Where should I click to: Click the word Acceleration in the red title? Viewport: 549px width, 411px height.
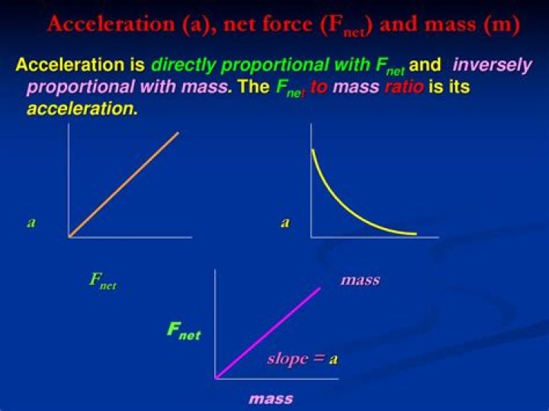pos(111,24)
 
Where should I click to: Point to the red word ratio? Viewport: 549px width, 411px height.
pos(404,86)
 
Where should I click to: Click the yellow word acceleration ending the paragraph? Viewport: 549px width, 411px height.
pos(82,109)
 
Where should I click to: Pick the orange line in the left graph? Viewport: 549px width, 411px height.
pos(124,185)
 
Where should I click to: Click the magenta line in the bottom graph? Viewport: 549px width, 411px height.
pos(268,333)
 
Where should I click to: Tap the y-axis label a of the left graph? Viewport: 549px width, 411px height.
pos(31,223)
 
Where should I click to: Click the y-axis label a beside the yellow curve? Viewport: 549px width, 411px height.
pos(285,223)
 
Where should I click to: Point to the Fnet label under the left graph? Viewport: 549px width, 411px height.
pos(103,281)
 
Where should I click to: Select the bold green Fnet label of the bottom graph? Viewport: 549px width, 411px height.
pos(184,331)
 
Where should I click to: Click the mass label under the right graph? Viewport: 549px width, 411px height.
pos(360,280)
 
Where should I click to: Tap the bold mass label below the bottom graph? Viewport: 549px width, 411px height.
pos(271,399)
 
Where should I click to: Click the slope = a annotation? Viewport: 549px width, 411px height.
pos(303,359)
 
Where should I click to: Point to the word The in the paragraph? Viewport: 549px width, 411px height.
pos(254,86)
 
